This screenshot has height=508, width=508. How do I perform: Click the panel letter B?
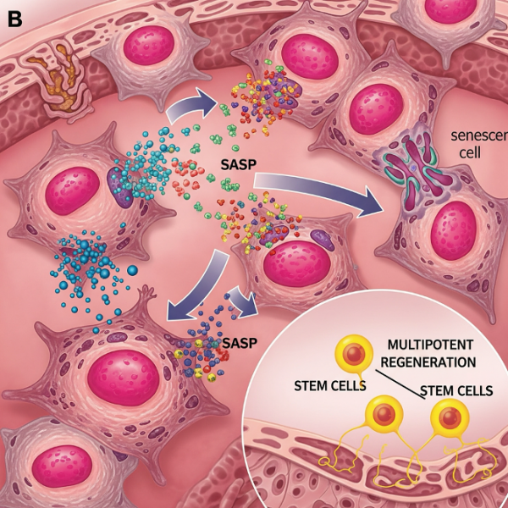14,18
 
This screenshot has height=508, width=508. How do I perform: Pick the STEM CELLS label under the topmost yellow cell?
329,386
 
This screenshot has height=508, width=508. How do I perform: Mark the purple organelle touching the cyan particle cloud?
120,187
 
